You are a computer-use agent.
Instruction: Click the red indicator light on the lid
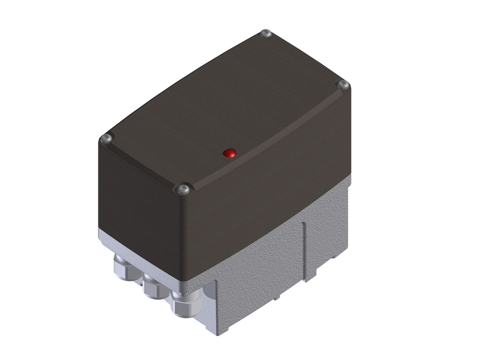coord(230,153)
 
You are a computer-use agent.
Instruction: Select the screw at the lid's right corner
coord(343,85)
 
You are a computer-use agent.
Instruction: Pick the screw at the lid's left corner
coord(106,139)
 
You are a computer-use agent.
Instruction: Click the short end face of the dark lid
coord(139,206)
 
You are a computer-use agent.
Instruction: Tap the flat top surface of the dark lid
coord(226,106)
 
